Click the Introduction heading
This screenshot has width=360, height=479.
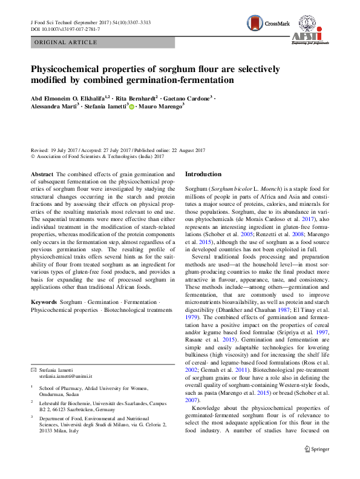[x=203, y=174]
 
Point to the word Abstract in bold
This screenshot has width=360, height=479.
[x=41, y=174]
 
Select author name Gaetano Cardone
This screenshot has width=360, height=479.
[x=187, y=97]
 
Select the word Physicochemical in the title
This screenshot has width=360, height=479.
[x=71, y=69]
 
